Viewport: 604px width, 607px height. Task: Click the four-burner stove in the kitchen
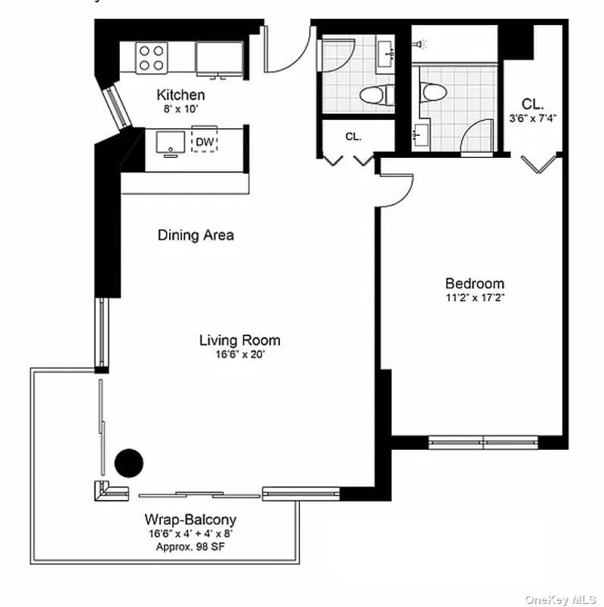point(152,57)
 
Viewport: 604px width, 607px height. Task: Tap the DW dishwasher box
point(204,141)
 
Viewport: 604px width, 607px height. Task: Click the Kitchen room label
point(180,95)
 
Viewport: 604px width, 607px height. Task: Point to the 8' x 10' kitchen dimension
point(180,109)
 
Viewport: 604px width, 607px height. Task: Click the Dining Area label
point(196,235)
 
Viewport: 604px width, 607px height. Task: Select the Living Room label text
point(239,340)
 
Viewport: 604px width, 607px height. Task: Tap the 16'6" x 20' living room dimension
point(239,354)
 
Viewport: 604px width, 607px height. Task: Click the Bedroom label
point(474,283)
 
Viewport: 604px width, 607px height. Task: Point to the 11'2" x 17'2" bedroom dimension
point(474,297)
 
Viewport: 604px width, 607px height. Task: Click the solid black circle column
point(129,463)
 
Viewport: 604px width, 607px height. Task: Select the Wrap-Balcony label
point(190,519)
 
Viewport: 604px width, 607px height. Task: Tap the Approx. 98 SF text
point(190,546)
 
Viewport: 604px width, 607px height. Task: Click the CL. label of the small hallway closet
point(353,137)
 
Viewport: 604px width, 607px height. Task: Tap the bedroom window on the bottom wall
point(483,442)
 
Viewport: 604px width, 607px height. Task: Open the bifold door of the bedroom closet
point(541,164)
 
